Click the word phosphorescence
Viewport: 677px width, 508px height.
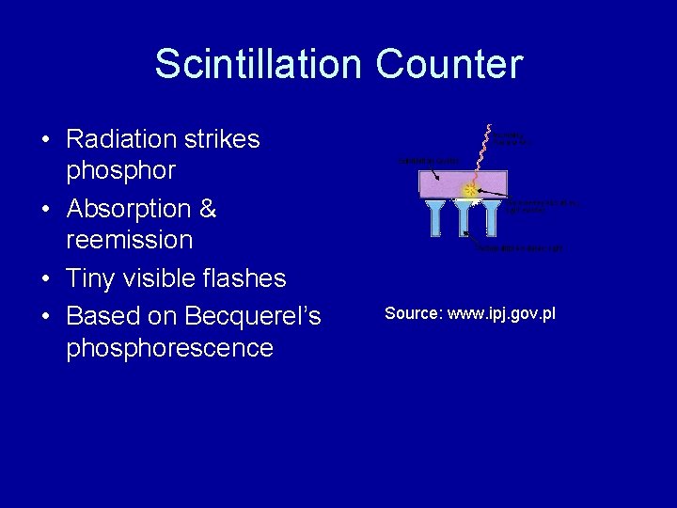tap(169, 348)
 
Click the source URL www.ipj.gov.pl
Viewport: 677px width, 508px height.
tap(501, 313)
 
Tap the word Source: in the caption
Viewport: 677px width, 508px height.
tap(414, 313)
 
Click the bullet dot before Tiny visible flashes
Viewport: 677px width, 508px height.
tap(45, 279)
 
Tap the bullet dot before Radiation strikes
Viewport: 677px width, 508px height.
tap(45, 140)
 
